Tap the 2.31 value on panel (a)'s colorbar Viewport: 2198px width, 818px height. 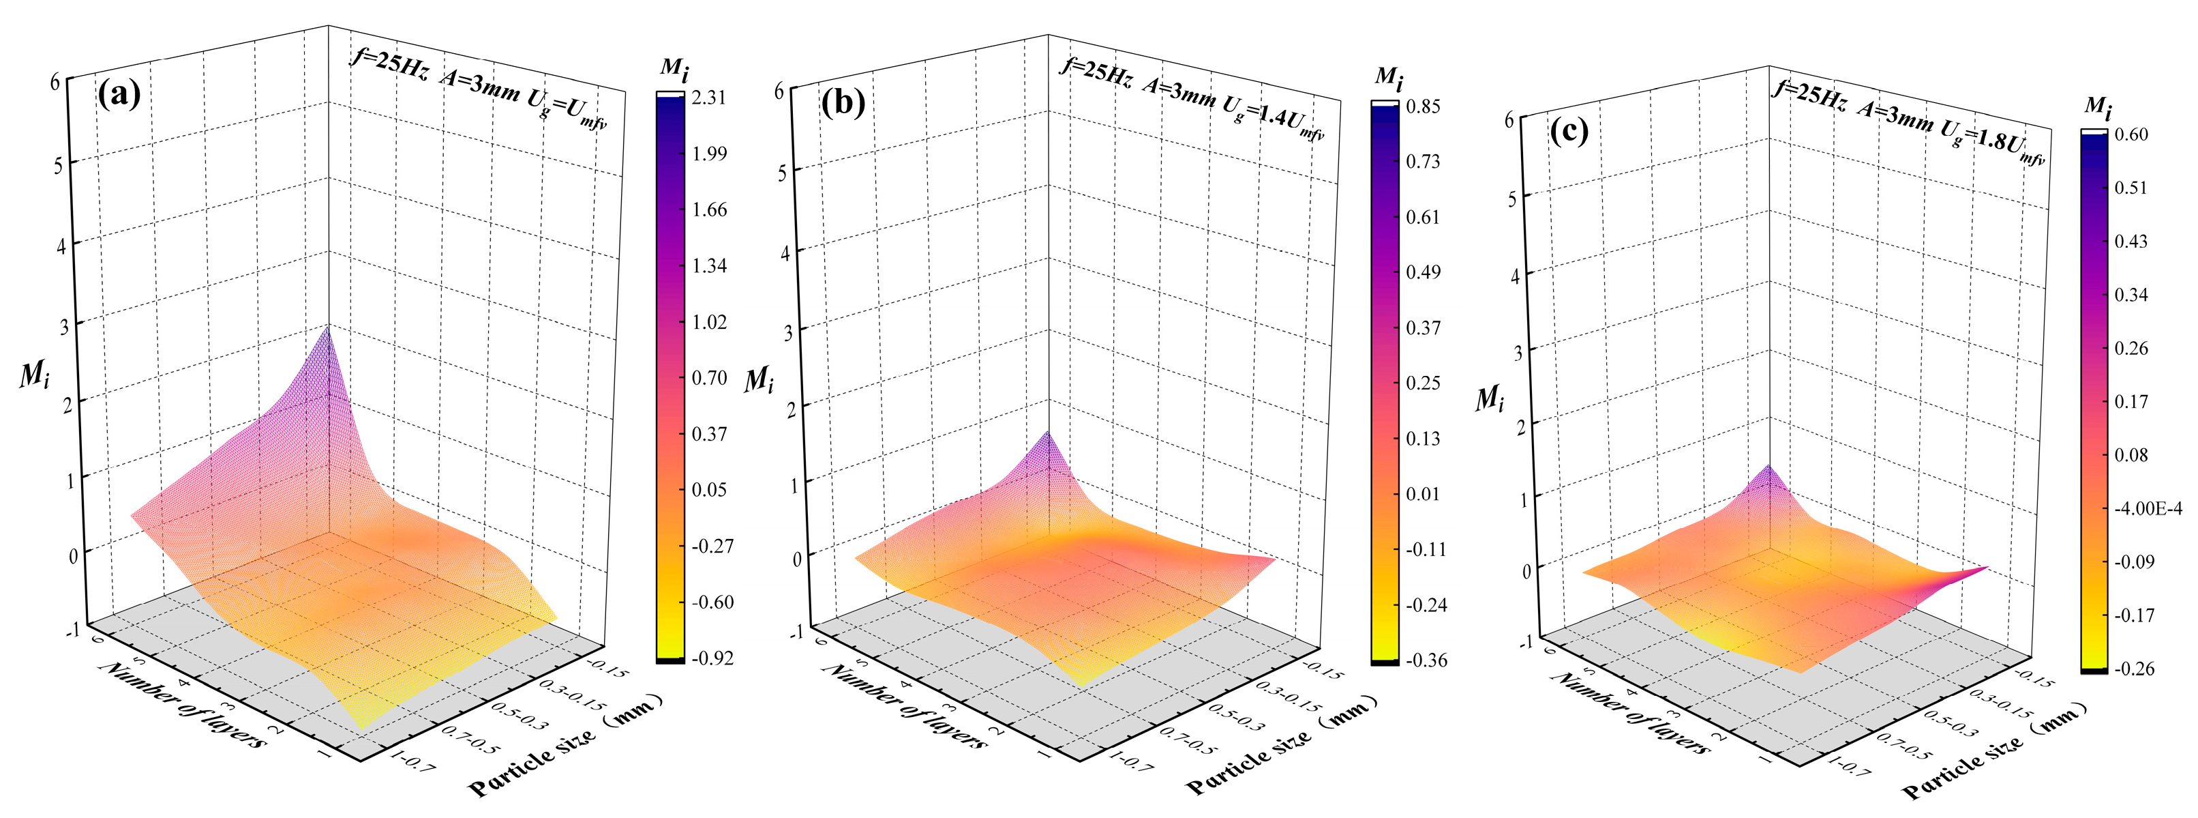709,98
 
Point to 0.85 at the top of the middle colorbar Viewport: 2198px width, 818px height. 1424,106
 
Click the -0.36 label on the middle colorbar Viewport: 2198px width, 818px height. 1425,660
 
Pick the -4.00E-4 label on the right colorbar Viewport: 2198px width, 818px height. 2148,508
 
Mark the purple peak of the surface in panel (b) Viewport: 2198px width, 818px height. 1047,435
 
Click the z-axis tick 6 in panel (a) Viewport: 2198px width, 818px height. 55,82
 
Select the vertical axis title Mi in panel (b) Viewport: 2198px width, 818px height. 757,380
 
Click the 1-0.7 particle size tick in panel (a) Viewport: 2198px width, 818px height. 413,761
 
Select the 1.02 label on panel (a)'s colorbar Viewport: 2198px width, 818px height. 709,322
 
